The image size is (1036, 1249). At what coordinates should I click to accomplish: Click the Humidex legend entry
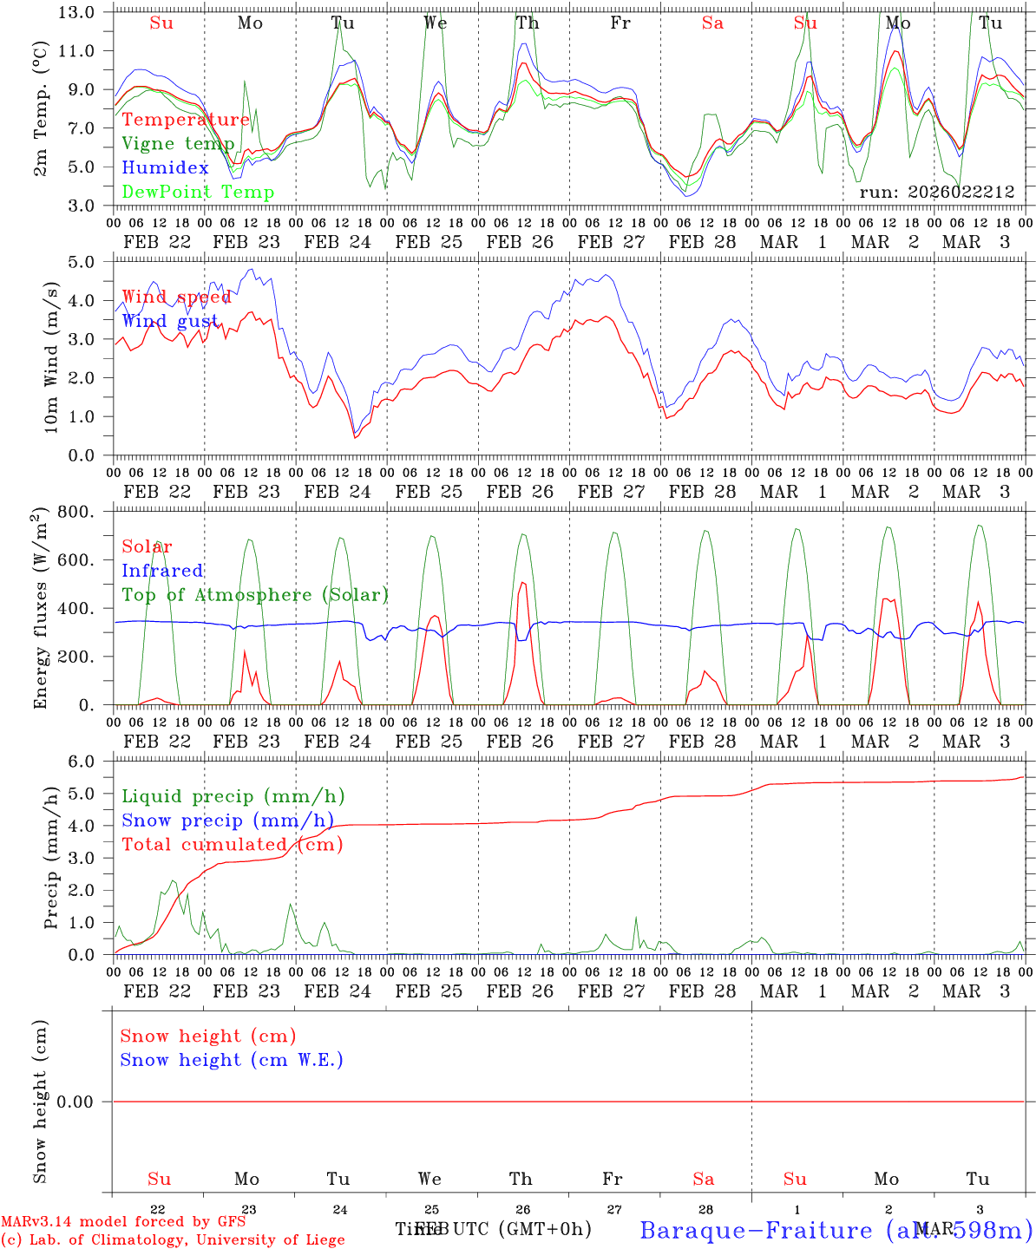pyautogui.click(x=165, y=168)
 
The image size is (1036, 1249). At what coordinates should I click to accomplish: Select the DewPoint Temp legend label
pyautogui.click(x=198, y=193)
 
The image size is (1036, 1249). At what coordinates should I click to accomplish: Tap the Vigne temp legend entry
pyautogui.click(x=178, y=144)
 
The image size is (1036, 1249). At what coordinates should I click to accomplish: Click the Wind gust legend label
pyautogui.click(x=170, y=322)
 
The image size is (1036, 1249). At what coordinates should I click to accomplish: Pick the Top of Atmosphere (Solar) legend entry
pyautogui.click(x=255, y=595)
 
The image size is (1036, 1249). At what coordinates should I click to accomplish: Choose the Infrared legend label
pyautogui.click(x=162, y=571)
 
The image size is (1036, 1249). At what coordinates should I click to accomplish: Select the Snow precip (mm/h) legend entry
pyautogui.click(x=227, y=821)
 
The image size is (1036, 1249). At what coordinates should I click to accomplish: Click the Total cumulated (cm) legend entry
pyautogui.click(x=232, y=845)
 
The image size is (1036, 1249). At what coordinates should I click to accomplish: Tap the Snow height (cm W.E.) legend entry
pyautogui.click(x=232, y=1060)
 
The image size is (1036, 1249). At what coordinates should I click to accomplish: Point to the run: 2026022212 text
pyautogui.click(x=936, y=193)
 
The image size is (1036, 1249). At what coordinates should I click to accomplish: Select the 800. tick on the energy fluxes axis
pyautogui.click(x=76, y=512)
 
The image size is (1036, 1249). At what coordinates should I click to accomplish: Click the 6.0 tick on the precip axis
pyautogui.click(x=81, y=762)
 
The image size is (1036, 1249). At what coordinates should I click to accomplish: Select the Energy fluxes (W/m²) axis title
pyautogui.click(x=40, y=610)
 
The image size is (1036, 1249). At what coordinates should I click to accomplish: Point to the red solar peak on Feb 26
pyautogui.click(x=522, y=584)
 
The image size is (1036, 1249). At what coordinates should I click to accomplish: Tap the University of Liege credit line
pyautogui.click(x=174, y=1240)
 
